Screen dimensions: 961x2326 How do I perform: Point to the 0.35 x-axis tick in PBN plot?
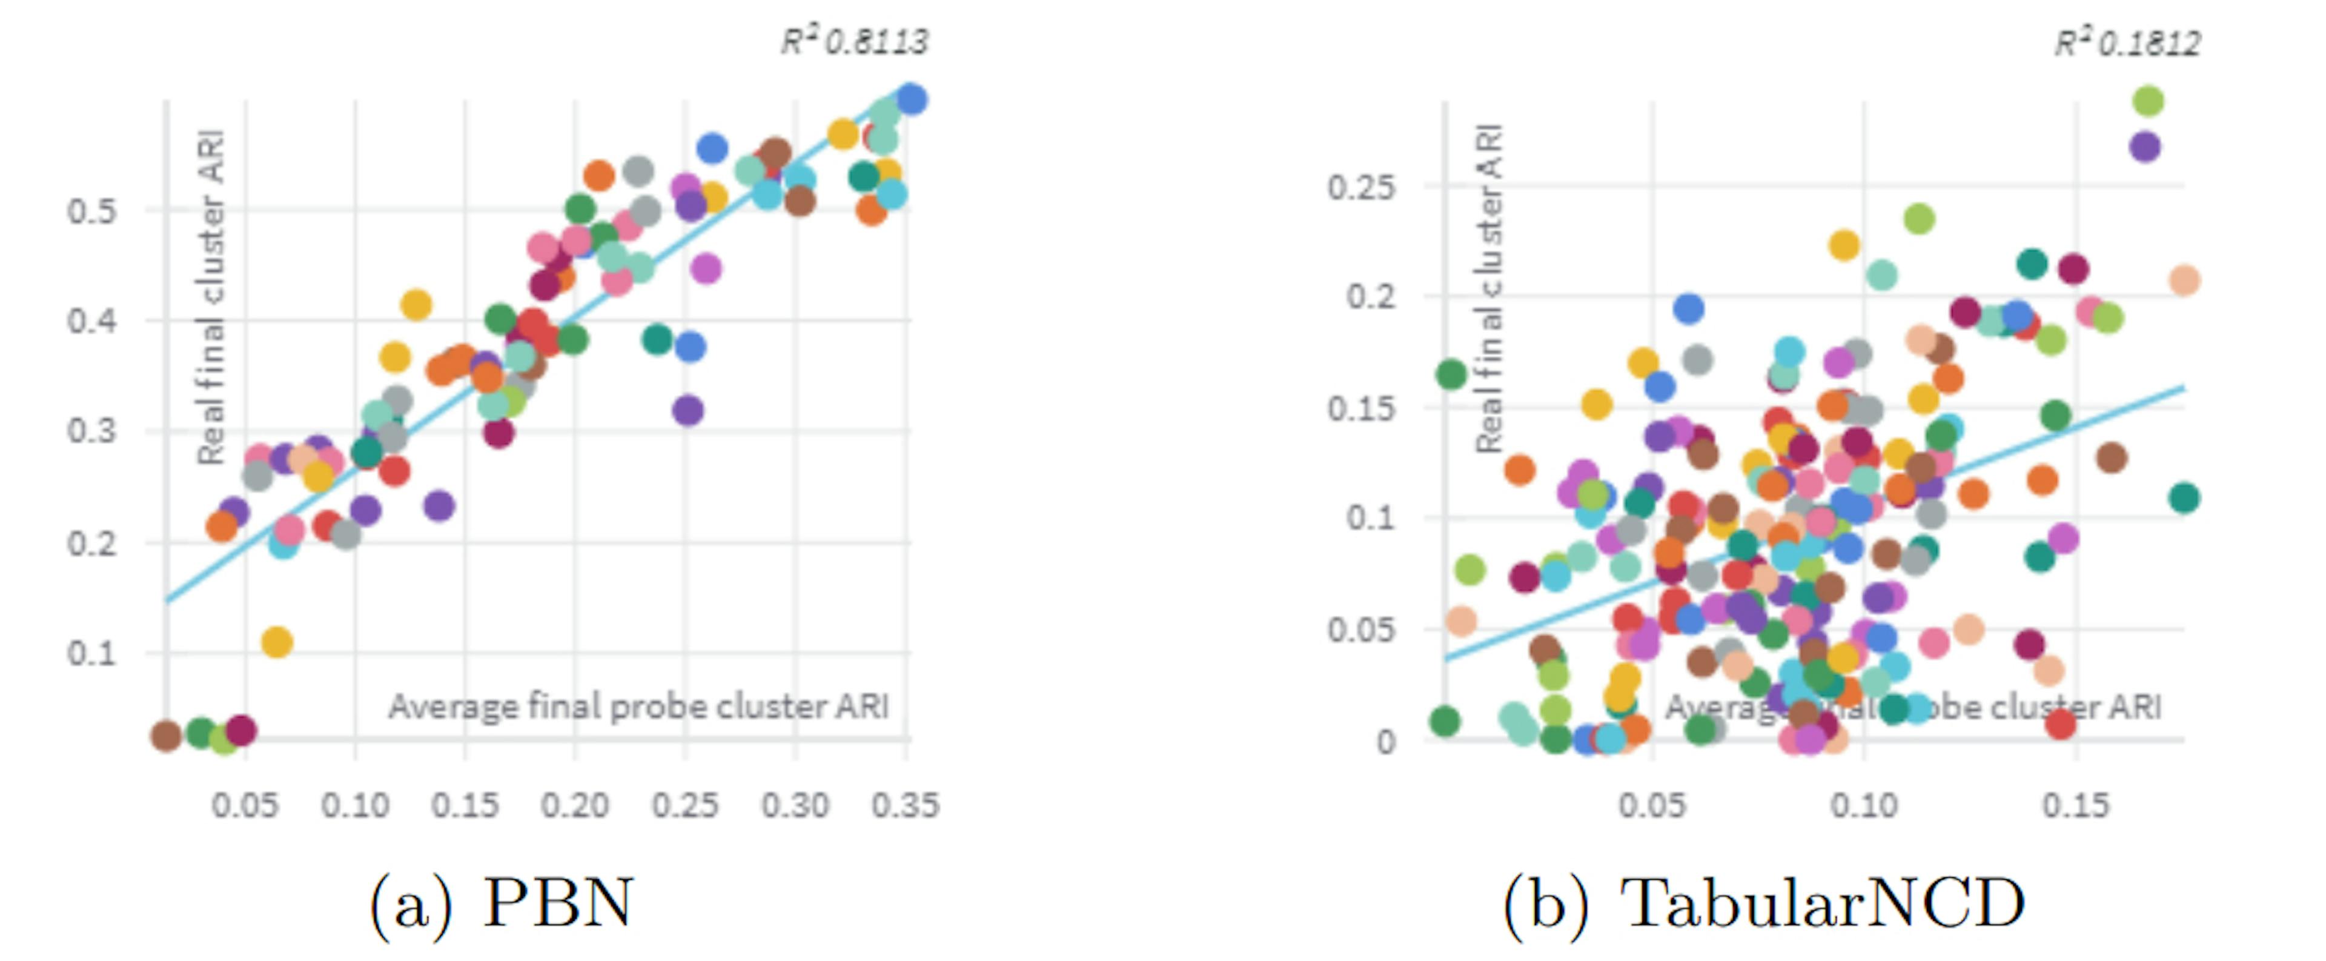(905, 805)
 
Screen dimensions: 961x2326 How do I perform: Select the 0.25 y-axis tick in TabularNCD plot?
(1360, 188)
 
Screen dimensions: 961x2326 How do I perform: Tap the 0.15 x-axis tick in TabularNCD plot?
(2075, 805)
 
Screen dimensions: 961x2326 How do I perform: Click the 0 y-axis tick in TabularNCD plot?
(1386, 742)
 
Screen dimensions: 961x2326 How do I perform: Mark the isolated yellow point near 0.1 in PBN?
(277, 642)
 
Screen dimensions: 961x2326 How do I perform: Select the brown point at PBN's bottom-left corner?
(166, 736)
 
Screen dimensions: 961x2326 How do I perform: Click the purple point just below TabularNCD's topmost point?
(2144, 146)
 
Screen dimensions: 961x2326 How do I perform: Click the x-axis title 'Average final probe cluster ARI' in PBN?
(638, 707)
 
